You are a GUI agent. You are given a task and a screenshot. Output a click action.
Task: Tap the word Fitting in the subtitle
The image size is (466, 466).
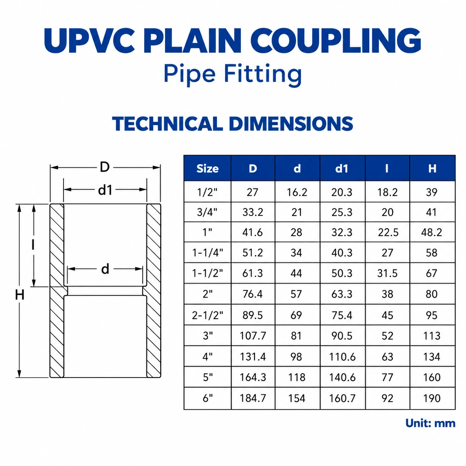click(x=263, y=74)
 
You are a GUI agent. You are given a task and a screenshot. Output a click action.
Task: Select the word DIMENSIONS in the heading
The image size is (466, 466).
click(x=291, y=124)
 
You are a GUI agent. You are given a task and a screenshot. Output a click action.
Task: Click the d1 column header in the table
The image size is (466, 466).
click(x=342, y=168)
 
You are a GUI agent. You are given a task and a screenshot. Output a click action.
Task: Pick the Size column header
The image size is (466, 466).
click(x=207, y=169)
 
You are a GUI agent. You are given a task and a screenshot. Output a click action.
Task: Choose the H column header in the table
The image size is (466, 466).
click(x=432, y=168)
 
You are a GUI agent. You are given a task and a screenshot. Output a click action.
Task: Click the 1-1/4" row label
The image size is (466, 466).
click(x=207, y=253)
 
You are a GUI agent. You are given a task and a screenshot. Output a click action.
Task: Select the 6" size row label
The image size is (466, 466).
click(x=207, y=398)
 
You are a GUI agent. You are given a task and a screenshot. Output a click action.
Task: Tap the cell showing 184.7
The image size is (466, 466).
click(x=253, y=398)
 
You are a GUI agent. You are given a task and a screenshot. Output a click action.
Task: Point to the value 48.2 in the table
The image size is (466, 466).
click(x=432, y=232)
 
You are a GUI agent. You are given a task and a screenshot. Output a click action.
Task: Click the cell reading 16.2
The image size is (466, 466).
click(x=297, y=192)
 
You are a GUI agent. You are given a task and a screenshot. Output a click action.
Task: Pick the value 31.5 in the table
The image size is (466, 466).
click(x=388, y=273)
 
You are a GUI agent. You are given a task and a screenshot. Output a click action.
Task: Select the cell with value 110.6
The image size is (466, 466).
click(x=342, y=357)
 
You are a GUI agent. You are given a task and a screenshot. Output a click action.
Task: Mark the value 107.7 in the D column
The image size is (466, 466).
click(x=253, y=336)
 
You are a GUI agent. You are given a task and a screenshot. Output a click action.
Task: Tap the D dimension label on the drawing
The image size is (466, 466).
click(x=105, y=167)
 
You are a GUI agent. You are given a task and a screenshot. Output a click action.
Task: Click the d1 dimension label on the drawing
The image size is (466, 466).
click(x=105, y=190)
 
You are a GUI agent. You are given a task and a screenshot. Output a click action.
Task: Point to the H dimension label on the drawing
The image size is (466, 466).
click(x=20, y=295)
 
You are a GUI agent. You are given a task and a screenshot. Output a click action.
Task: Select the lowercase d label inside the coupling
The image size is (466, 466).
click(x=105, y=269)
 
